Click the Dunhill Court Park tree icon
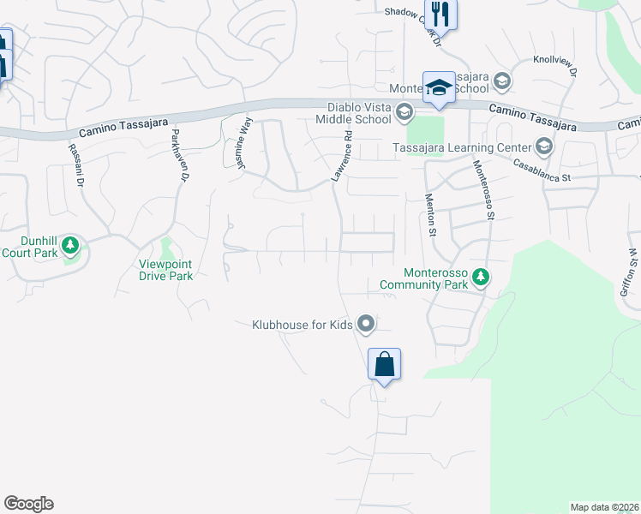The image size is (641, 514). point(71,247)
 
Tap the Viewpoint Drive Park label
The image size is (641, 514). point(166,270)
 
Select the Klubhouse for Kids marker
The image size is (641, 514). point(367,324)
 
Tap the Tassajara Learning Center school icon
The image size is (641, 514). point(547,144)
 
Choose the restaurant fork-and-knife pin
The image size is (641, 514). point(441,14)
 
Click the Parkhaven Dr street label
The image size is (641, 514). point(178,155)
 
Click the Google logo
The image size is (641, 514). point(28,504)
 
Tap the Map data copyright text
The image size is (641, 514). point(605,507)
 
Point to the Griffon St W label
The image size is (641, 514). point(630,273)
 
